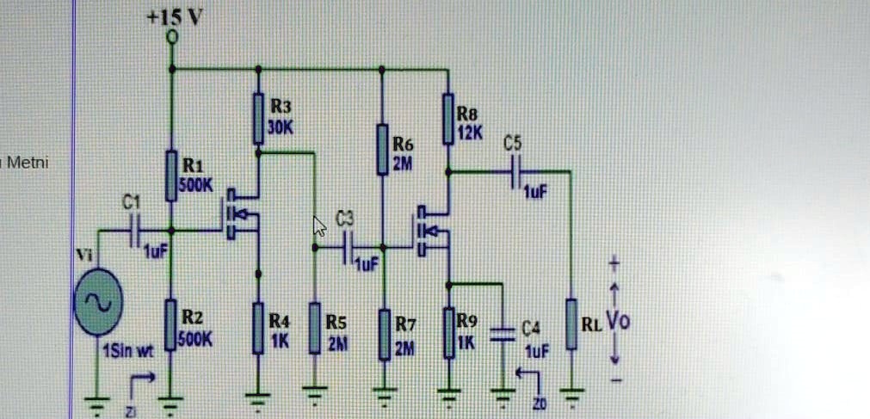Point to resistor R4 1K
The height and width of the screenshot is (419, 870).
coord(257,328)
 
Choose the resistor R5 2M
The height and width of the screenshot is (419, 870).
coord(315,328)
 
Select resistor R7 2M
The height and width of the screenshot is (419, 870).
coord(385,335)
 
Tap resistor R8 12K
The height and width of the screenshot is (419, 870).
coord(447,119)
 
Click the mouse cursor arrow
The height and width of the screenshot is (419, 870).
coord(318,226)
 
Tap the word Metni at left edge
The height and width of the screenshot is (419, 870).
coord(27,162)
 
